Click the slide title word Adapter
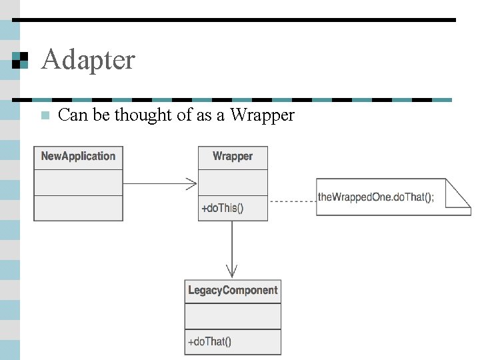tap(87, 60)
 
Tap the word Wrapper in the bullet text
tap(262, 115)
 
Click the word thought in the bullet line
tap(143, 115)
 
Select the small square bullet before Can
tap(45, 115)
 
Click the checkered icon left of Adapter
tap(21, 60)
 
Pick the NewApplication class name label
tap(78, 157)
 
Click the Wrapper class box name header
tap(233, 157)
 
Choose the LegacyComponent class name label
tap(233, 291)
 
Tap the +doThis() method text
tap(223, 208)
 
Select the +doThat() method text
tap(209, 342)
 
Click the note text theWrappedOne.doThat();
tap(376, 197)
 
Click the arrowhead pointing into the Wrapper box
tap(192, 183)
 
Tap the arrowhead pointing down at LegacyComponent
tap(232, 271)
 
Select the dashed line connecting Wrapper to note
tap(291, 201)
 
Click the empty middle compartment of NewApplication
tap(78, 183)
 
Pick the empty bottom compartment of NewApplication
tap(78, 208)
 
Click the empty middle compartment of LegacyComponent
tap(233, 317)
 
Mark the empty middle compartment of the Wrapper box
tap(233, 183)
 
